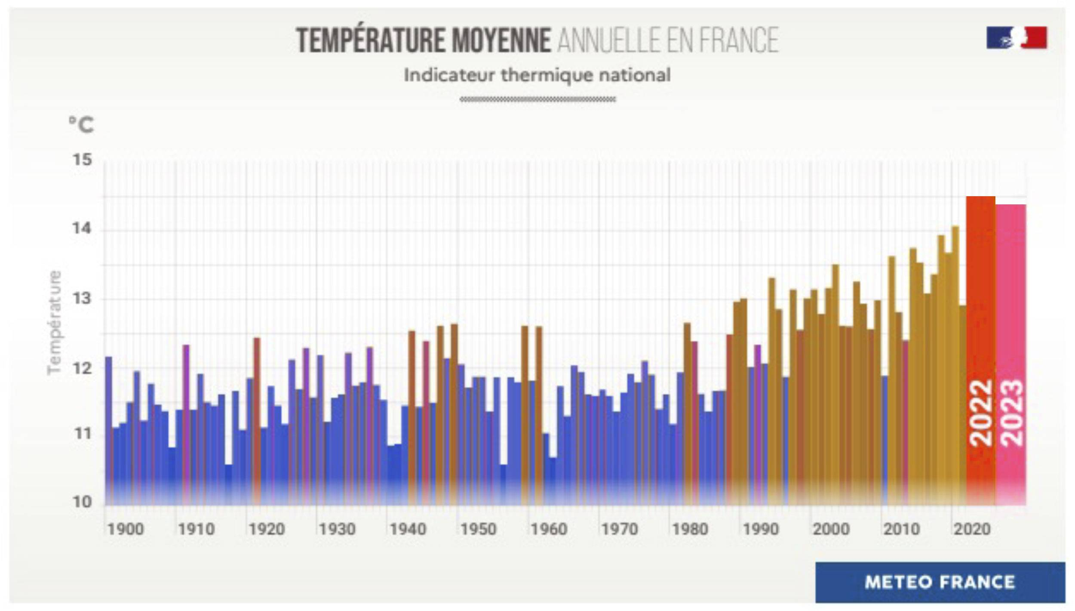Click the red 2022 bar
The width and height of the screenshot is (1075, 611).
[980, 301]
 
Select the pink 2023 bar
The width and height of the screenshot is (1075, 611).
[1011, 301]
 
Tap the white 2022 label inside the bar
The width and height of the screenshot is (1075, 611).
[981, 413]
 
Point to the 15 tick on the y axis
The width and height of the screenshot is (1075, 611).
[82, 160]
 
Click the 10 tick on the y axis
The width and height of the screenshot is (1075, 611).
[82, 502]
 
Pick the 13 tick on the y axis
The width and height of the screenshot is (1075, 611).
[82, 298]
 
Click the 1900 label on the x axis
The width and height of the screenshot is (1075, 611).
[125, 529]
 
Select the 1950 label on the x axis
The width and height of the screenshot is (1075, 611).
[478, 529]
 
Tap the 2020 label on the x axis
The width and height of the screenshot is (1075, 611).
[972, 529]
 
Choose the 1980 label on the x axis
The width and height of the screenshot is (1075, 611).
[690, 529]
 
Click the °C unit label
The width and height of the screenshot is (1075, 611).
[81, 125]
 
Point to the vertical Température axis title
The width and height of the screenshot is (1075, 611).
[55, 323]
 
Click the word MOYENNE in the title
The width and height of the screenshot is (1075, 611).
[501, 40]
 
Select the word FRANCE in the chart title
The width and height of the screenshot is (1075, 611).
[739, 40]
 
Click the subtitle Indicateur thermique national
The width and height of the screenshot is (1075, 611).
[537, 75]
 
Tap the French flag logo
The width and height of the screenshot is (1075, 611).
[1017, 37]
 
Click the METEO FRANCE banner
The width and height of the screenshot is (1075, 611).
[940, 582]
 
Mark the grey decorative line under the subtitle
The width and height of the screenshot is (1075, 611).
[537, 99]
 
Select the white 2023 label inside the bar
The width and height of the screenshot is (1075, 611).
[1011, 413]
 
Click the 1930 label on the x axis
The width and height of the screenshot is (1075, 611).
[337, 529]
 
